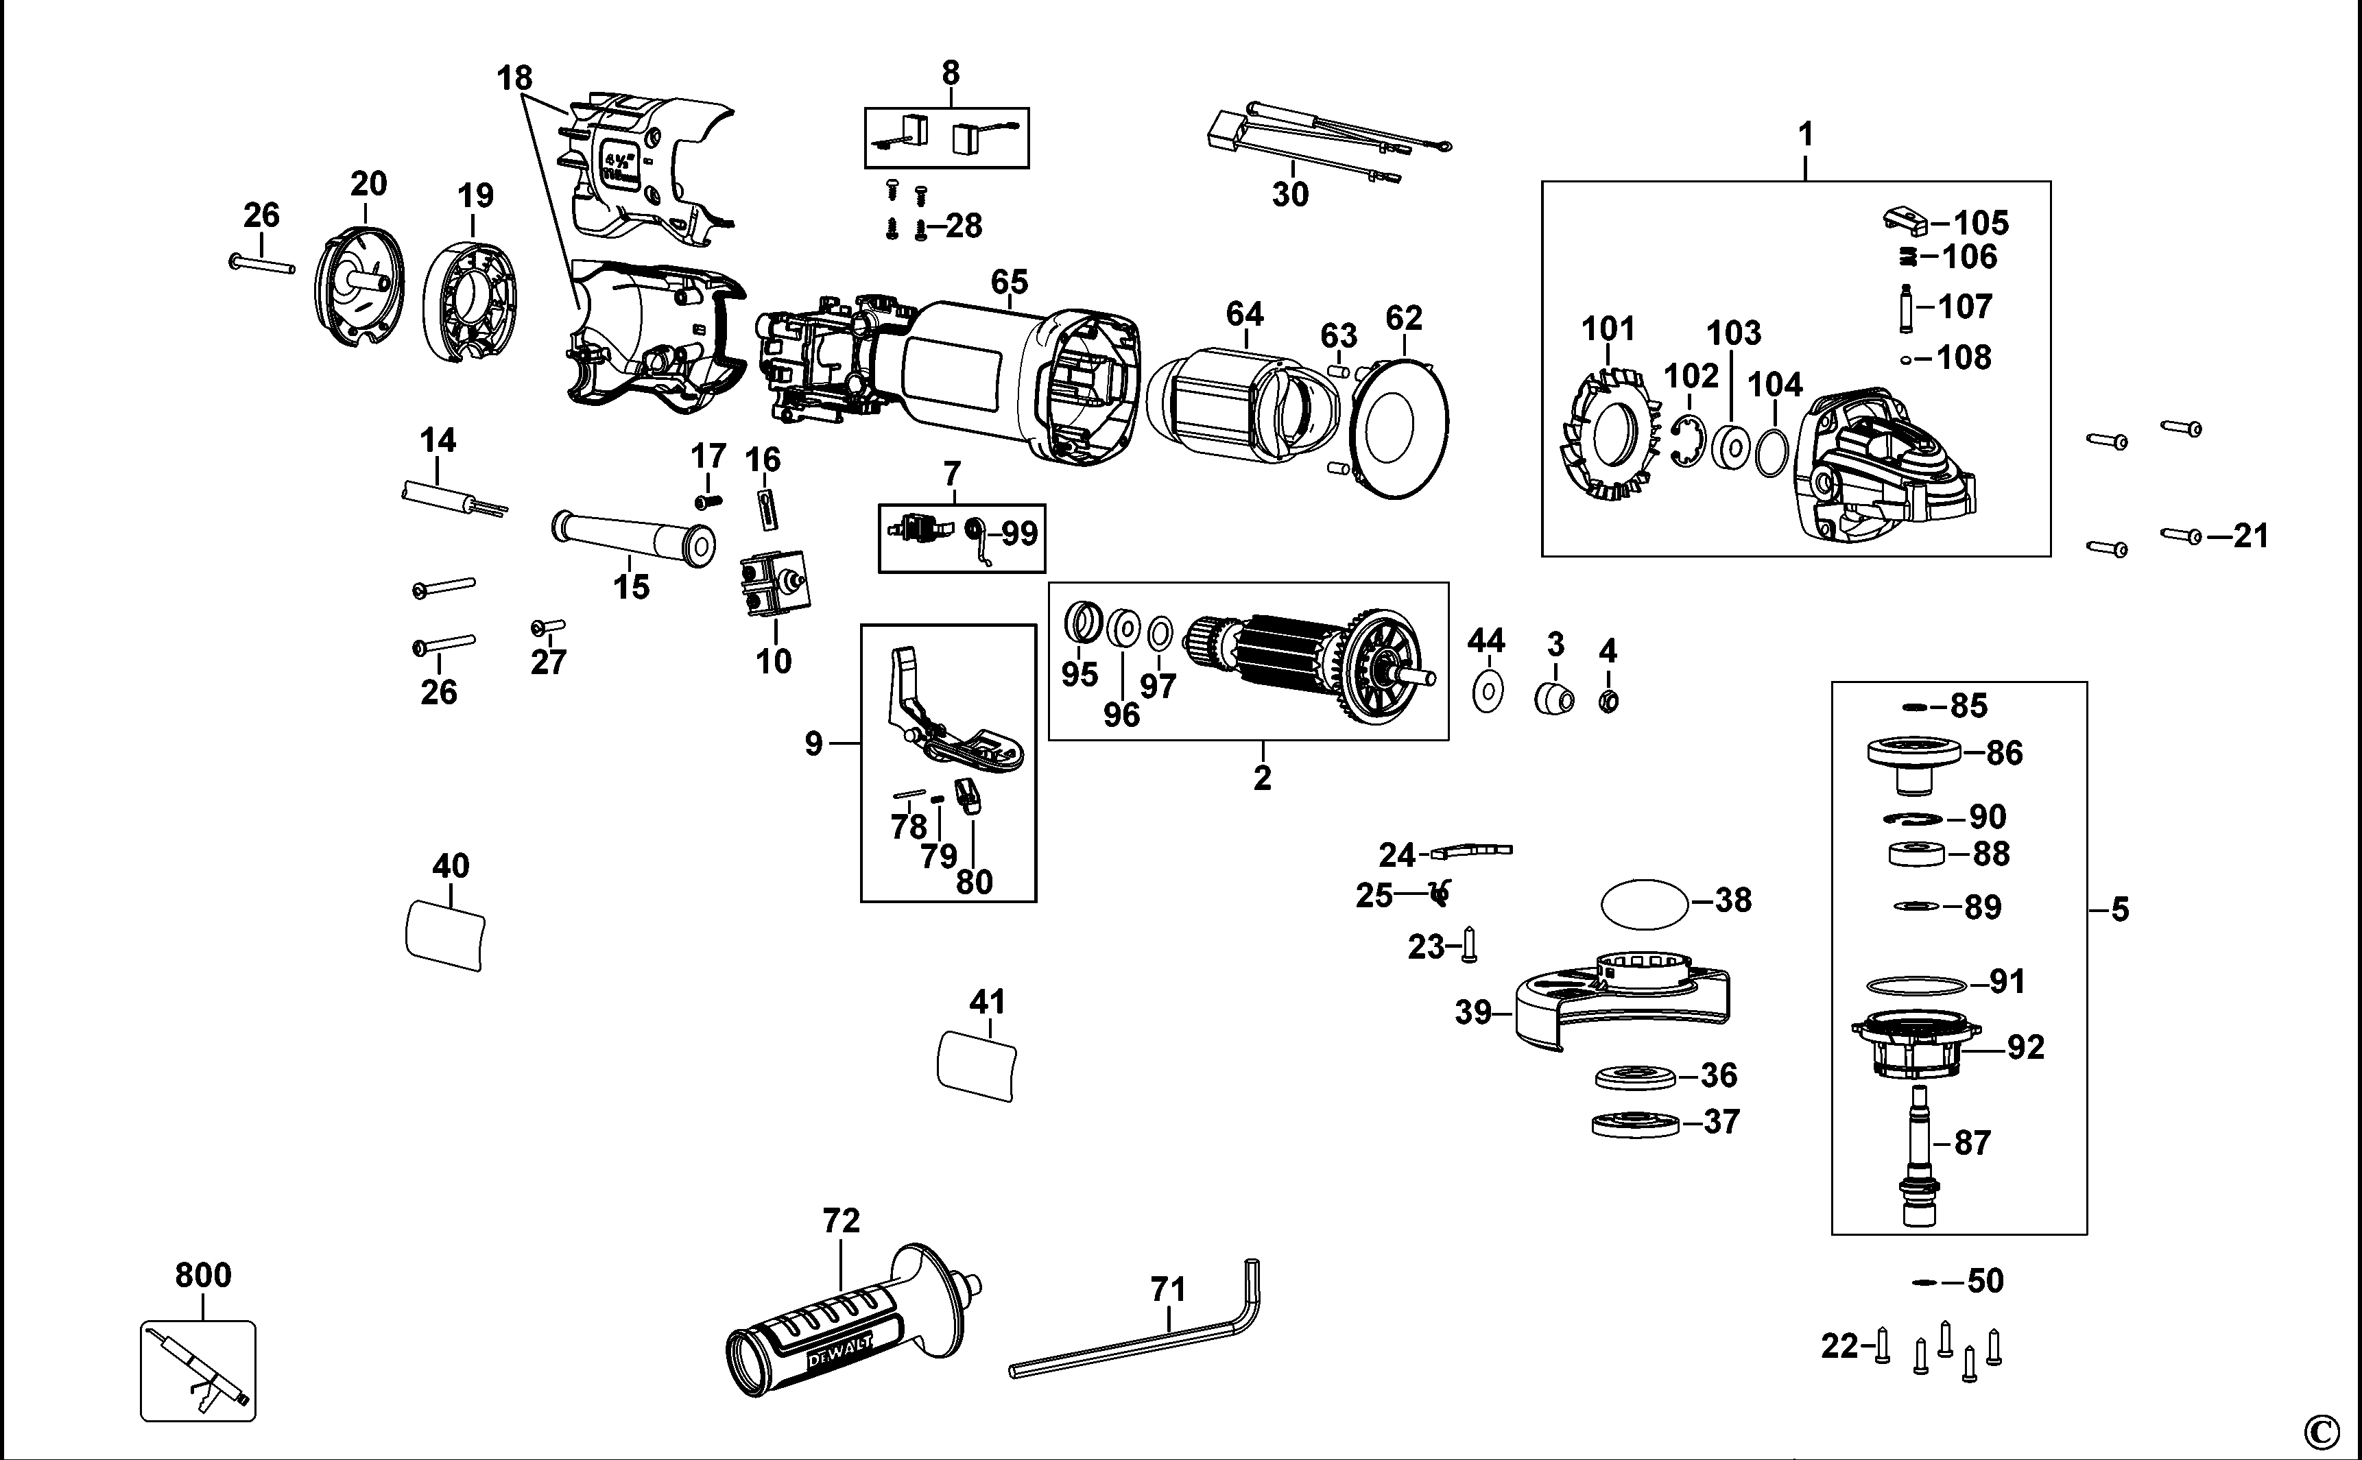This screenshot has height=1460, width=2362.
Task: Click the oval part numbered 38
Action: click(1645, 904)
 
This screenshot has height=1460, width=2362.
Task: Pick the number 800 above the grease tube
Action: click(203, 1276)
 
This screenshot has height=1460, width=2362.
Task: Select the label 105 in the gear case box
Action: click(1981, 223)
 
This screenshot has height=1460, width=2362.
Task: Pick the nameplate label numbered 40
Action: click(445, 935)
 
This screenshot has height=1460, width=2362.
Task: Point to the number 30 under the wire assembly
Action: click(1290, 194)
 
